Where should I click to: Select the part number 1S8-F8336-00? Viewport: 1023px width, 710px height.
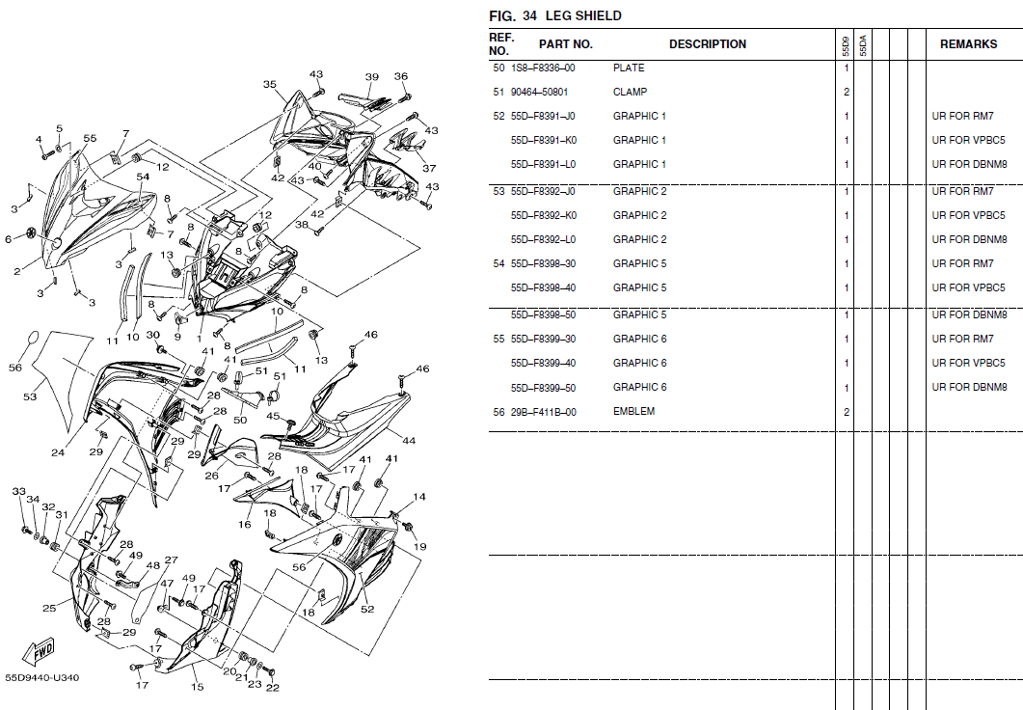[543, 68]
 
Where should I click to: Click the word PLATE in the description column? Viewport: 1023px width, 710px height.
[629, 68]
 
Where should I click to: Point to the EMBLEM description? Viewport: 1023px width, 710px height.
[633, 412]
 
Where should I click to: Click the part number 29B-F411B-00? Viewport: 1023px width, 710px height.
[543, 412]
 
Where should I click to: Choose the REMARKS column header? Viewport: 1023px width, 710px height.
[968, 44]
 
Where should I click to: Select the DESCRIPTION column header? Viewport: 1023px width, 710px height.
[707, 44]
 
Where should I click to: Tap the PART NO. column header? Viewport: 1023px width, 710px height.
[565, 44]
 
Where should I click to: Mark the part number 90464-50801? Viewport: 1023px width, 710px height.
[539, 93]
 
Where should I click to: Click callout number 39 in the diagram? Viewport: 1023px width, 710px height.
[371, 77]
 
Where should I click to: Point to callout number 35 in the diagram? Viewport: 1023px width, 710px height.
[269, 85]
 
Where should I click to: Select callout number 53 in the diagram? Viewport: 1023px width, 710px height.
[30, 396]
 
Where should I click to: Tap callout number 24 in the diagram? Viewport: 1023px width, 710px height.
[58, 452]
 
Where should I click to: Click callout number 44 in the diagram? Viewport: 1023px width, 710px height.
[409, 441]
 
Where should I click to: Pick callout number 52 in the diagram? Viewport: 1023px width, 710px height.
[366, 609]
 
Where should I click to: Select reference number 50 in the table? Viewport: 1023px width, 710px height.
[498, 68]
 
